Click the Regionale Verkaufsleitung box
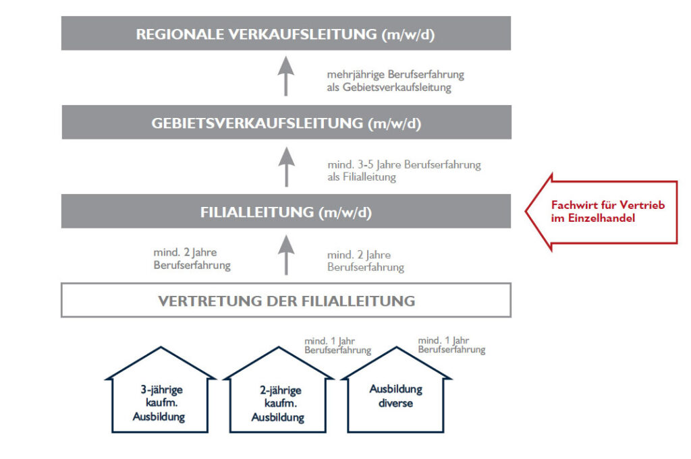point(286,34)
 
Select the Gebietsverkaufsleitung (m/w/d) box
point(286,123)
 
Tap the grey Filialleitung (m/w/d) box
point(286,211)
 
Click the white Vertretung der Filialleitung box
point(286,300)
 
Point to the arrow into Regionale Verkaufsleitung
point(286,76)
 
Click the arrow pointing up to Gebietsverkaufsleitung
point(286,166)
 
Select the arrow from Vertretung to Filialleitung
point(286,255)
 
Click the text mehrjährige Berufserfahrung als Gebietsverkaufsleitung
point(395,81)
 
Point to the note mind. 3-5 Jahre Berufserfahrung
point(404,171)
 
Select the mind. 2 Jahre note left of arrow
point(192,259)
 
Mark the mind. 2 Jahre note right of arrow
point(365,261)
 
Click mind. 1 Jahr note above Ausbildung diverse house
point(451,345)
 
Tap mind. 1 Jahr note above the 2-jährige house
point(337,346)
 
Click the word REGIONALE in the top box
point(179,34)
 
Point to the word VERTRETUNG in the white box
point(210,301)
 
